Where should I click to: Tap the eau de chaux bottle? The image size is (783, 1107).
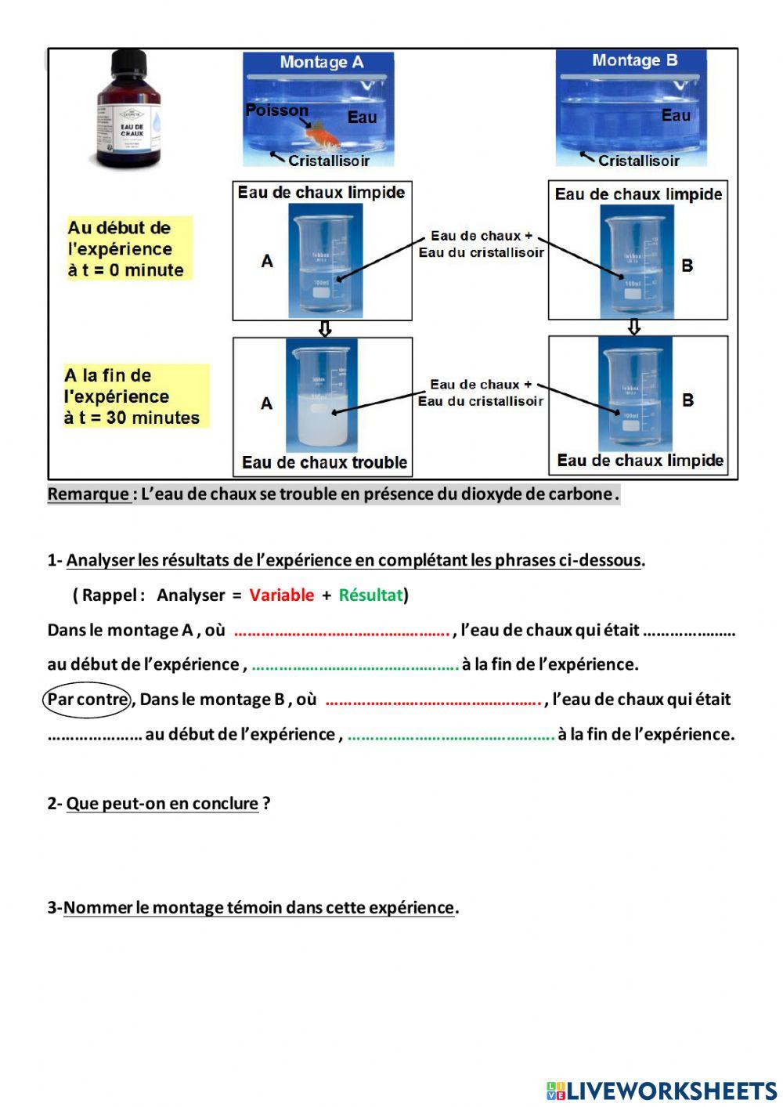[x=129, y=110]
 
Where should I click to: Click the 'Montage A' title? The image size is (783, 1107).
[x=321, y=62]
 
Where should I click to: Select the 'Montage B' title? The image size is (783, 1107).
[x=634, y=60]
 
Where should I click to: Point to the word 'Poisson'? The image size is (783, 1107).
[x=276, y=110]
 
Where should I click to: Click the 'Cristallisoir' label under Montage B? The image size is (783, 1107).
[x=638, y=161]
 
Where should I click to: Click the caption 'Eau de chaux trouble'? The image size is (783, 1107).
[x=324, y=462]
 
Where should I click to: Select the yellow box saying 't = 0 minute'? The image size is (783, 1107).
[x=128, y=249]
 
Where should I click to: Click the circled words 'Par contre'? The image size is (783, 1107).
[x=87, y=699]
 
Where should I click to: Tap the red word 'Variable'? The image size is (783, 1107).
[x=281, y=595]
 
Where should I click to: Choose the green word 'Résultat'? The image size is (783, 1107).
[x=370, y=595]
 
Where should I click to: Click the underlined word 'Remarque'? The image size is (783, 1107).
[x=88, y=494]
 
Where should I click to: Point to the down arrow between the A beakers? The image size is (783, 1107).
[x=324, y=329]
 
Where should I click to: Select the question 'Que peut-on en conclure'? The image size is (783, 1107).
[x=162, y=803]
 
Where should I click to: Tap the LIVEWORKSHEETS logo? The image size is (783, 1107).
[x=662, y=1091]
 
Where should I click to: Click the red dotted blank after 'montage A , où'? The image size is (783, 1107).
[x=341, y=631]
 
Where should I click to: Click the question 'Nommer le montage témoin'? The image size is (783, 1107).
[x=258, y=907]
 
